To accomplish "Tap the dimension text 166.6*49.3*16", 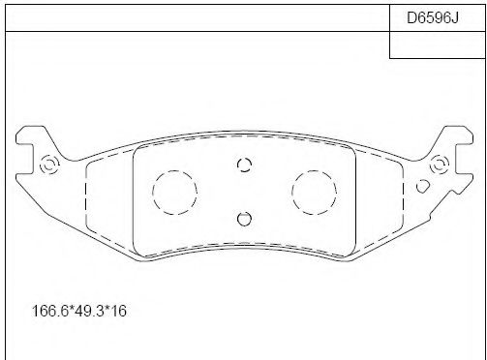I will [81, 312].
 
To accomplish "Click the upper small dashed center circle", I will [244, 165].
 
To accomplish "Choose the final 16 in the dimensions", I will [121, 312].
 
